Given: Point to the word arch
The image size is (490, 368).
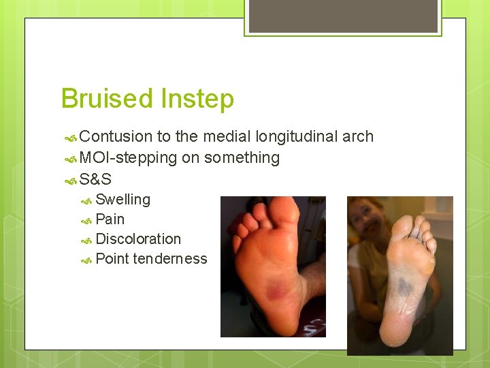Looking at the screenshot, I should pyautogui.click(x=358, y=136).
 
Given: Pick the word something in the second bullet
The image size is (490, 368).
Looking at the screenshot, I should pyautogui.click(x=242, y=157).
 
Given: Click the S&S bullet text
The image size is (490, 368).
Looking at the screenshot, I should pyautogui.click(x=95, y=179).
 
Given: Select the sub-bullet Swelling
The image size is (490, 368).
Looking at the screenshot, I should pyautogui.click(x=122, y=200).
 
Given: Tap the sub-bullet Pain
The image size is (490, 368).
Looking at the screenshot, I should pyautogui.click(x=110, y=219).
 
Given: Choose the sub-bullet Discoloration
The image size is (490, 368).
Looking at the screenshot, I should pyautogui.click(x=138, y=239).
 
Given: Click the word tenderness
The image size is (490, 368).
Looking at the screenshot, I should pyautogui.click(x=169, y=259).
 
